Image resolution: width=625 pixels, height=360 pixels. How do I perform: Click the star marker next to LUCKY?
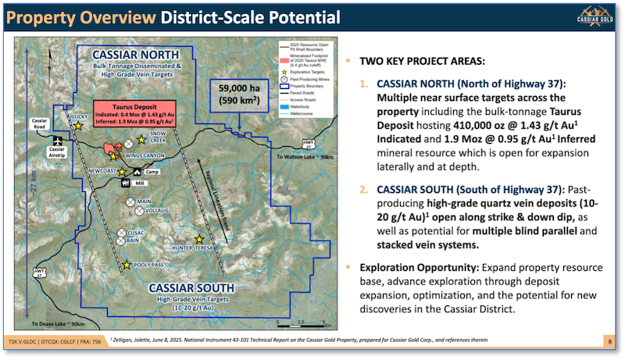(77, 125)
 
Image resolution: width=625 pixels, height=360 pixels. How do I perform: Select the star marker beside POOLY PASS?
(127, 266)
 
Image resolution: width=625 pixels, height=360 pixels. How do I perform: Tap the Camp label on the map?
(153, 172)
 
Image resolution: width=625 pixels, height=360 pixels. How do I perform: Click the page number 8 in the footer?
(609, 341)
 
